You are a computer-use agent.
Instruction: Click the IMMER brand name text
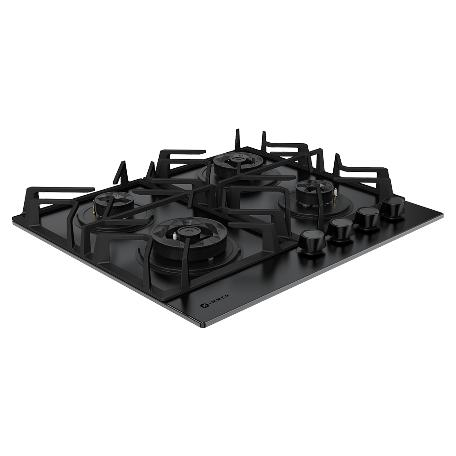click(x=218, y=299)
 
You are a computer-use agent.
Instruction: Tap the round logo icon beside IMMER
click(x=203, y=305)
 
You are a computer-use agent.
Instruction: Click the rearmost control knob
click(x=393, y=207)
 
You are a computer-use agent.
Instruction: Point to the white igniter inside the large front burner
click(x=175, y=236)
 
